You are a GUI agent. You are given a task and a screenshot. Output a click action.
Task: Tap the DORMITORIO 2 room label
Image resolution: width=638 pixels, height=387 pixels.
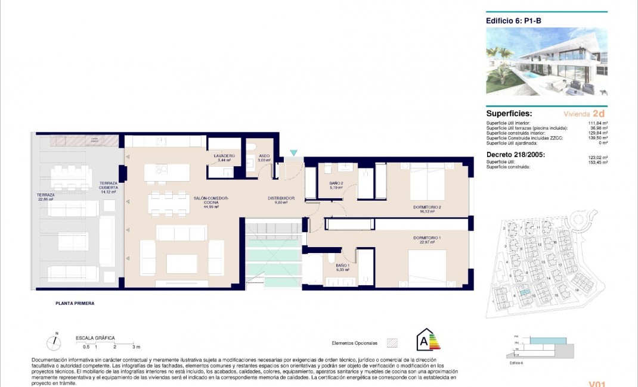point(427,208)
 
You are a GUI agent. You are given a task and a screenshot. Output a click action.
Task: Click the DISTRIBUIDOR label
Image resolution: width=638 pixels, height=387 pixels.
point(281,199)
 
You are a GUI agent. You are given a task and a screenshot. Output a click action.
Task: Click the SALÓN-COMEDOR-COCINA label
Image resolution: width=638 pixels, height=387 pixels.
point(211,200)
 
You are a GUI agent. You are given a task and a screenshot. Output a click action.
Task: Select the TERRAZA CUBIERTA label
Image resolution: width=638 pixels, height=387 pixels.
point(109,186)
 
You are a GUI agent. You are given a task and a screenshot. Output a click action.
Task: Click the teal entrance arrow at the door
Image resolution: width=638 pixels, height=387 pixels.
point(293,154)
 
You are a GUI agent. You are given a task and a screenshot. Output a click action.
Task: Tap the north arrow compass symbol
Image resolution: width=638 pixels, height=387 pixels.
point(55,342)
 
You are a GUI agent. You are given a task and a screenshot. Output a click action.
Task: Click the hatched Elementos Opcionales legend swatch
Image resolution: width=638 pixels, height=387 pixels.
point(392,343)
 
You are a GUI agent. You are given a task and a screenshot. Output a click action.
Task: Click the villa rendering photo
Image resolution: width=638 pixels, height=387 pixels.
point(546,61)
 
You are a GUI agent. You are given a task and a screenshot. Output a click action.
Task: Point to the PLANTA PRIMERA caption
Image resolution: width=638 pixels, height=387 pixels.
point(71,303)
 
